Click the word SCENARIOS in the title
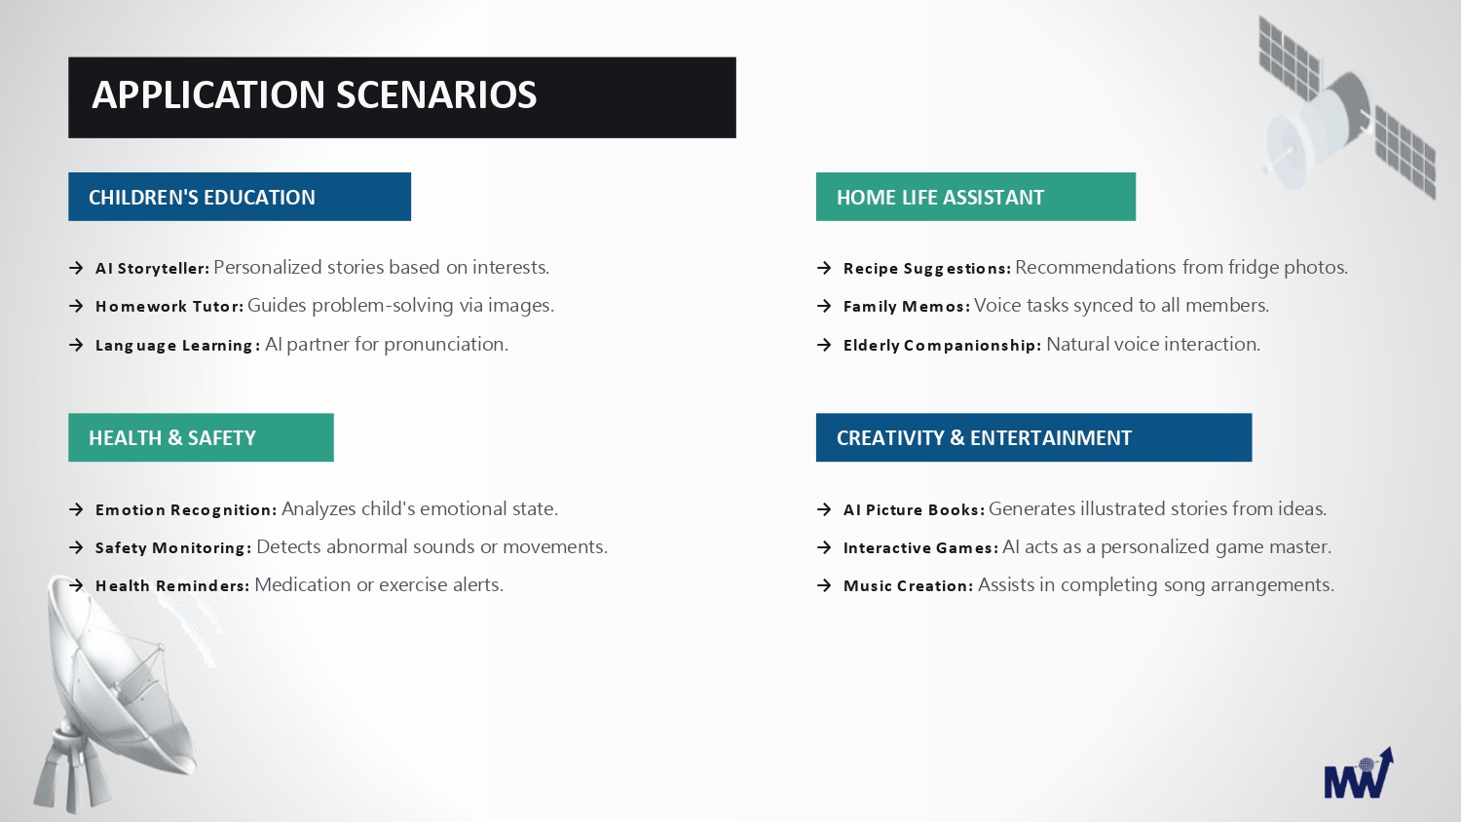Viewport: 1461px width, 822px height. click(x=436, y=94)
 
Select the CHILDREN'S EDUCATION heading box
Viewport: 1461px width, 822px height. click(x=240, y=197)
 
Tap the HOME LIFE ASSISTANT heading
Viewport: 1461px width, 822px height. click(x=976, y=197)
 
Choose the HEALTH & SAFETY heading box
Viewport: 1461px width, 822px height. click(x=201, y=437)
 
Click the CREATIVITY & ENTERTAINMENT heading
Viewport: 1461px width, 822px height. click(x=1033, y=437)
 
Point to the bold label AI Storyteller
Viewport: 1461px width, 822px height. click(x=153, y=268)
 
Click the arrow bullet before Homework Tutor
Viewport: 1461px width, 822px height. click(x=76, y=306)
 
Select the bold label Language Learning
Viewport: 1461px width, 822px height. click(x=177, y=345)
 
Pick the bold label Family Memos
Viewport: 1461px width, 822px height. click(x=907, y=306)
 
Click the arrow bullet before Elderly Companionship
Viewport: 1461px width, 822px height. click(x=824, y=345)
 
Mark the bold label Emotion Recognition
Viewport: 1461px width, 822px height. click(x=186, y=509)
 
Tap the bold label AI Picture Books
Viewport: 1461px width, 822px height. click(x=914, y=509)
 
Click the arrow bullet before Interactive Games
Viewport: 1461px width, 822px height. click(x=824, y=547)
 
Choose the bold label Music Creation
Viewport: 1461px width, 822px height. click(x=908, y=586)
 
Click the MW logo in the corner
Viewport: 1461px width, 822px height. click(x=1359, y=774)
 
